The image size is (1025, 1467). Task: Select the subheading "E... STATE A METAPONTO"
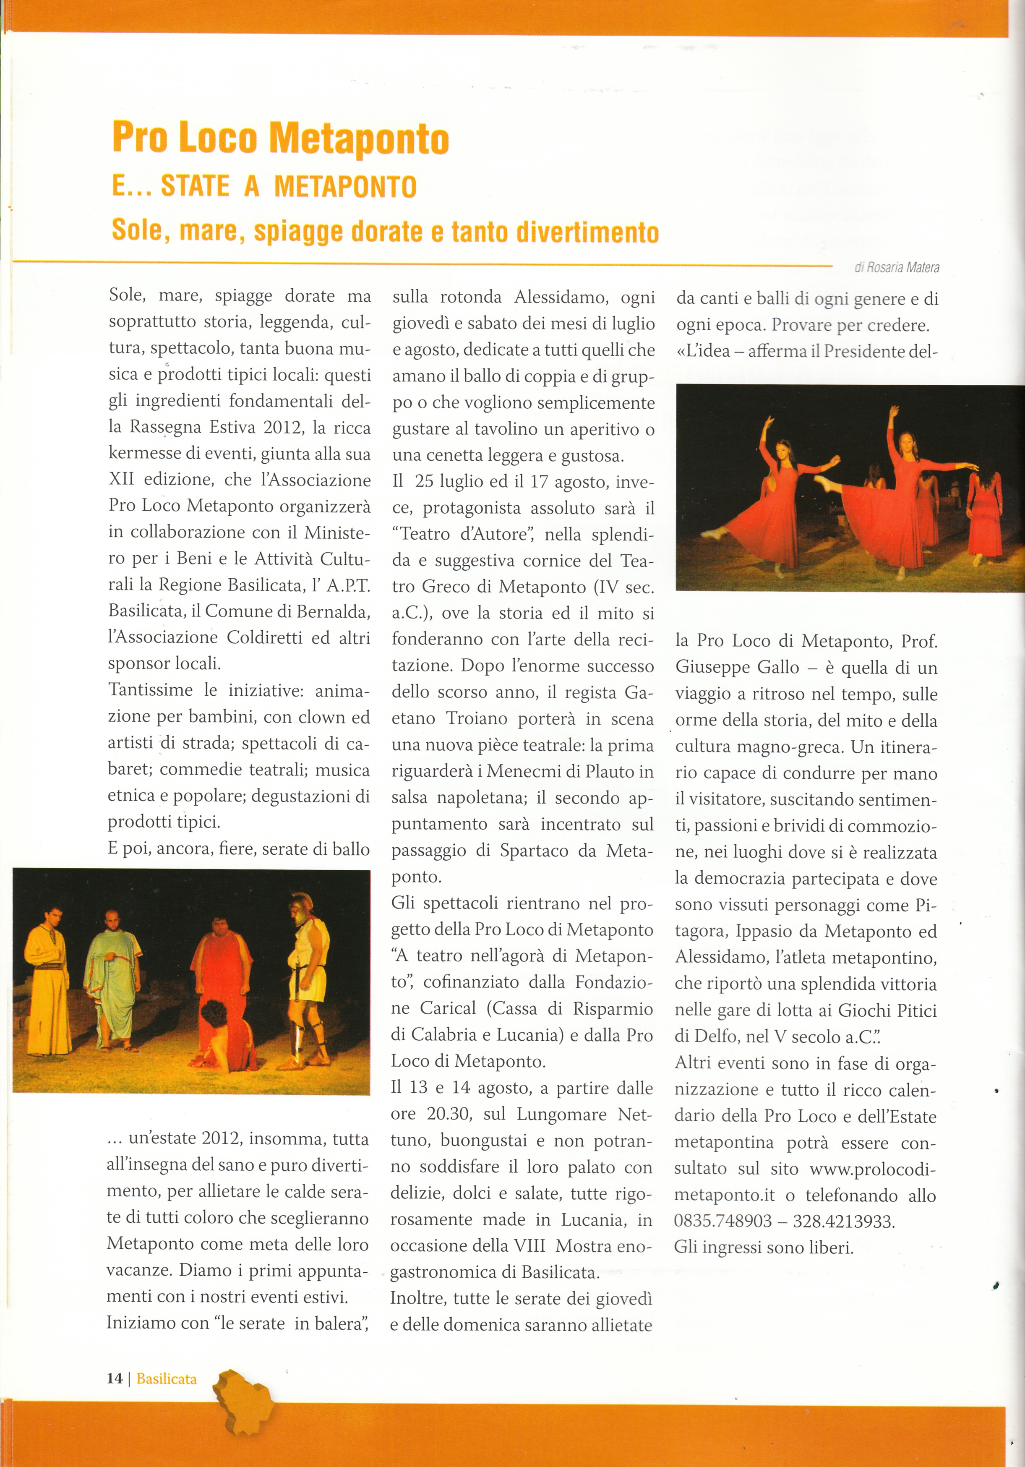(x=264, y=187)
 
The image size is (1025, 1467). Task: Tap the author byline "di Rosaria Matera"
(x=897, y=268)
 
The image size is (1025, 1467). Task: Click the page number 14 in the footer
(x=115, y=1378)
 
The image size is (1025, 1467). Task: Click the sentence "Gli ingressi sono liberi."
(x=764, y=1247)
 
